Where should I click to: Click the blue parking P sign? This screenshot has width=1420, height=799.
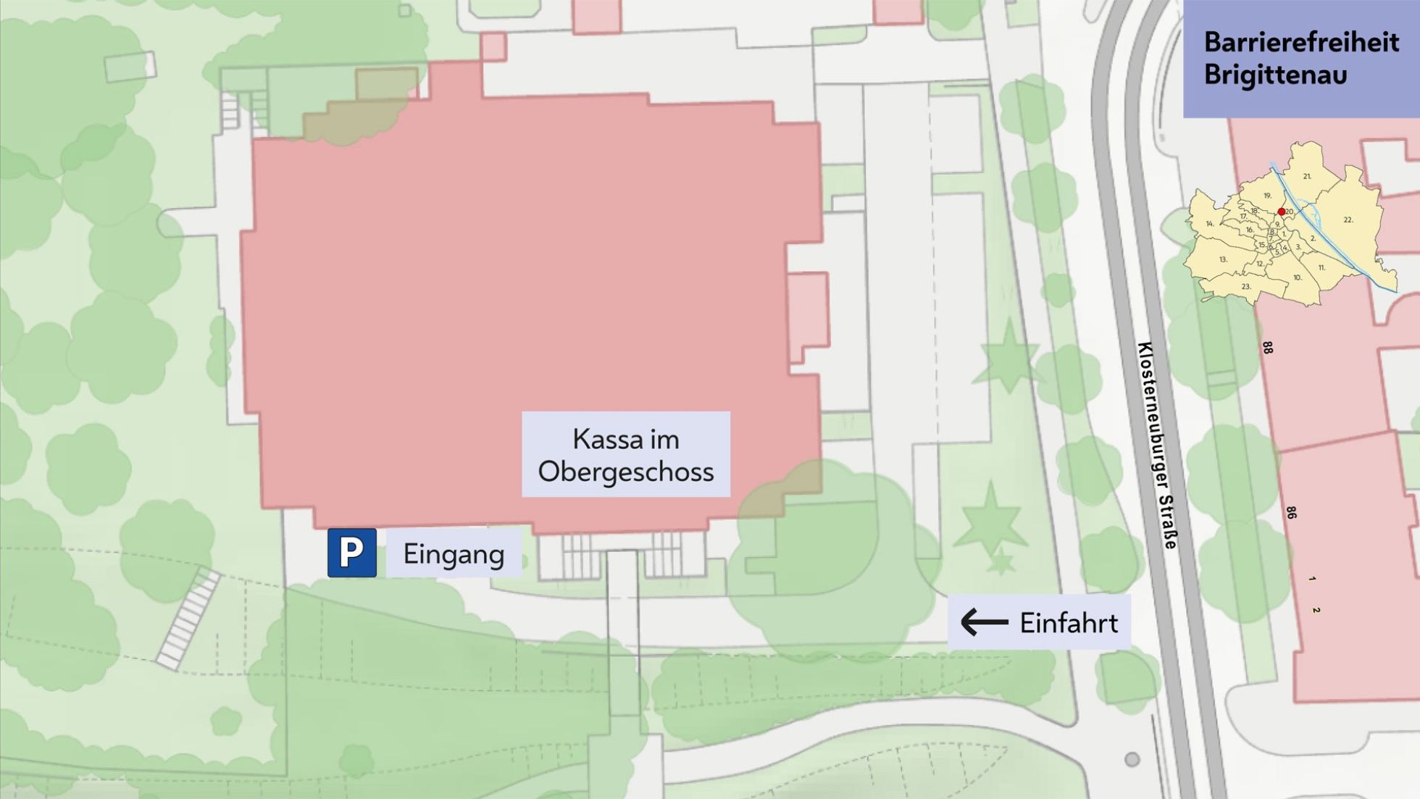(351, 553)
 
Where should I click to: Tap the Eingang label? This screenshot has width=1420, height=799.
(454, 554)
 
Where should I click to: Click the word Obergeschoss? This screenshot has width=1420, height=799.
(625, 472)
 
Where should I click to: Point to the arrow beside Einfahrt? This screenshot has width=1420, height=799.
(984, 622)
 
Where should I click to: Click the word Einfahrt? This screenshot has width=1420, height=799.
(1069, 623)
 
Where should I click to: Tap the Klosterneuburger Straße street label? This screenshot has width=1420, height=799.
(1157, 445)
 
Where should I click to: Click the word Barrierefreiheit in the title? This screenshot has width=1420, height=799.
(1301, 42)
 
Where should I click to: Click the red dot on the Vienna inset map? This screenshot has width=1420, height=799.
(1281, 212)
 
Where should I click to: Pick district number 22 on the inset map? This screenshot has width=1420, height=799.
(1348, 219)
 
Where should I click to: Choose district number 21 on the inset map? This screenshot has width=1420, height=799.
(1307, 176)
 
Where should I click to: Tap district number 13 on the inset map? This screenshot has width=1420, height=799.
(1223, 259)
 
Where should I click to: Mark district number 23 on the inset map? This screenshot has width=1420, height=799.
(1246, 287)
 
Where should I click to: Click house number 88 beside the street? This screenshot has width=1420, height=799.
(1267, 348)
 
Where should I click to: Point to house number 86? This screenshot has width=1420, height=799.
(1291, 513)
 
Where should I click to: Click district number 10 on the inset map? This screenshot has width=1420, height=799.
(1297, 277)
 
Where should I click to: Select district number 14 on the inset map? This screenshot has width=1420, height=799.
(1209, 224)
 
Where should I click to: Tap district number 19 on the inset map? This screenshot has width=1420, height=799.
(1267, 196)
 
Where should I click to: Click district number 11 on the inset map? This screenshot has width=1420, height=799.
(1321, 267)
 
